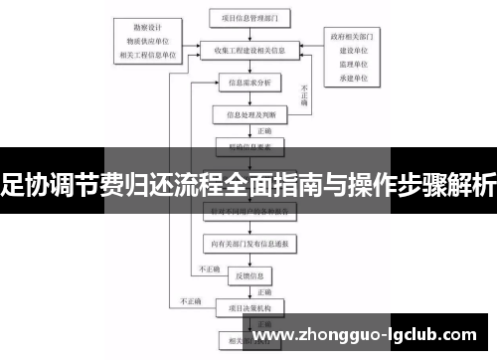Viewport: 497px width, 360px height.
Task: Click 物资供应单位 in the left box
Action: (x=147, y=41)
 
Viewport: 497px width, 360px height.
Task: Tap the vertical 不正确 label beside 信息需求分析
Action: (x=304, y=94)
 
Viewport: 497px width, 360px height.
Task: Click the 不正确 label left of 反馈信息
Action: (x=210, y=270)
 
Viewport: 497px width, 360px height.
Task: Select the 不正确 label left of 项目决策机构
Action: (x=188, y=301)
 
